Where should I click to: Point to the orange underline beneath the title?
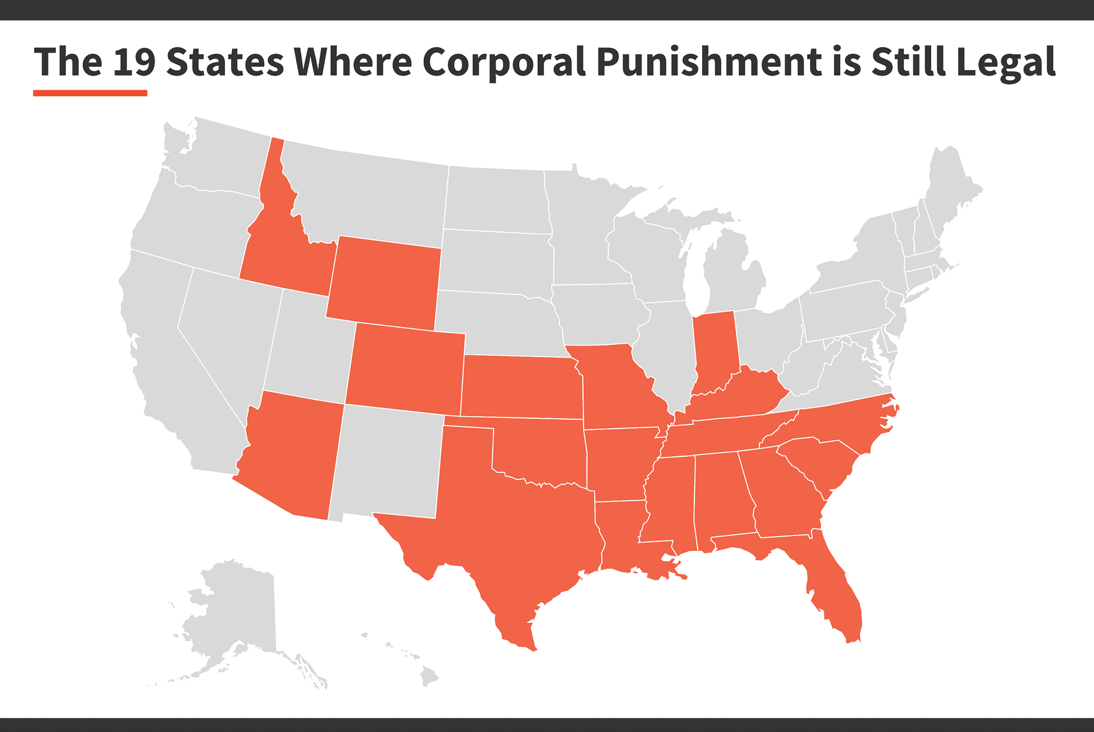click(x=90, y=93)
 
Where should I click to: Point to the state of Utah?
click(x=307, y=348)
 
